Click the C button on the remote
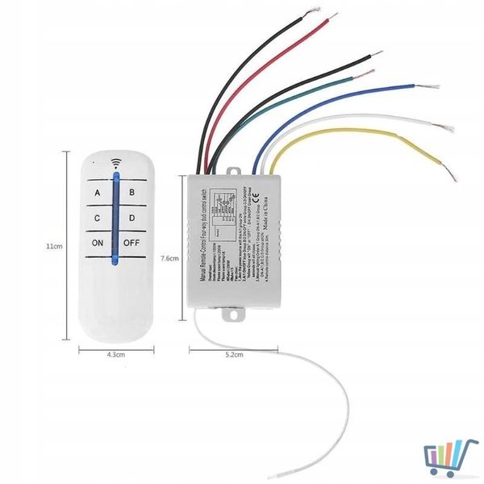pyautogui.click(x=98, y=218)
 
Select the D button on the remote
pyautogui.click(x=132, y=218)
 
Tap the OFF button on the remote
pyautogui.click(x=132, y=243)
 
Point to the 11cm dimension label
pyautogui.click(x=53, y=246)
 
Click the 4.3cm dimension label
pyautogui.click(x=115, y=354)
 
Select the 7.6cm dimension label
pyautogui.click(x=169, y=258)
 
